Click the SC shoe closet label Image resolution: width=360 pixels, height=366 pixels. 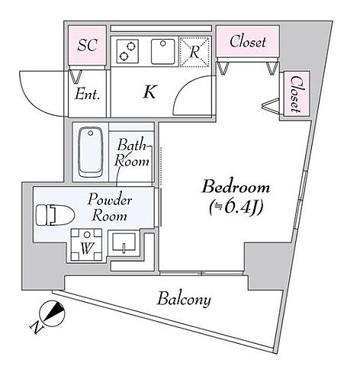(87, 45)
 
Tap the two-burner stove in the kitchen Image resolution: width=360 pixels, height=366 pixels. (127, 51)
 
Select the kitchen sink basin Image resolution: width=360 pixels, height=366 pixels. (163, 51)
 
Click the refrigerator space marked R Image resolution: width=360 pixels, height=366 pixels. (194, 52)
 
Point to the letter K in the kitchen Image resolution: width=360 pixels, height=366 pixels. (149, 92)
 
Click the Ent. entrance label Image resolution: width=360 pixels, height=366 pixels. (87, 95)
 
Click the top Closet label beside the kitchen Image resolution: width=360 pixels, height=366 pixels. (248, 41)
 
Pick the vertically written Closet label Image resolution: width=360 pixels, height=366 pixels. (295, 94)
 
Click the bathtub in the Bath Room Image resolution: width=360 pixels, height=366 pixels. (91, 152)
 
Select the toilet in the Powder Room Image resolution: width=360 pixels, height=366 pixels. (55, 215)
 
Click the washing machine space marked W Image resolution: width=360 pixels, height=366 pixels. (86, 245)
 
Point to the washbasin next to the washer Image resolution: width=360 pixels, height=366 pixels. (124, 243)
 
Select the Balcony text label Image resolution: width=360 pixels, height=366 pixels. (184, 300)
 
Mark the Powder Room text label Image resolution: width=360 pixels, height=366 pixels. (110, 207)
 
